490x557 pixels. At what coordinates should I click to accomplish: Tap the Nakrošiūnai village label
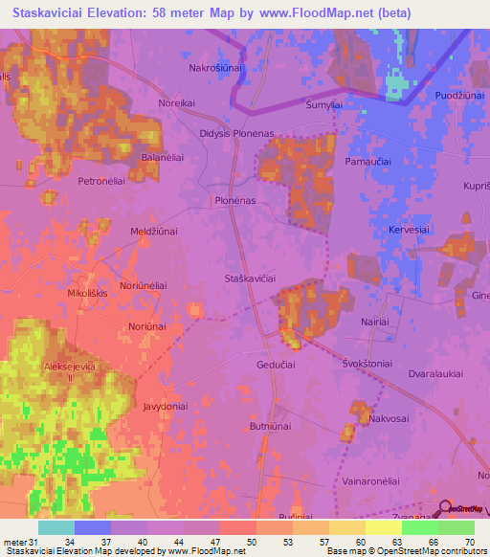point(216,69)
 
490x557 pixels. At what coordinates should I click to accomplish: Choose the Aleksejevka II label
point(69,372)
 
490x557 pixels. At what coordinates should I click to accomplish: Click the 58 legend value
point(325,544)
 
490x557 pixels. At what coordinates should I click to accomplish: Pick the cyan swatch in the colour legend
point(56,527)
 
